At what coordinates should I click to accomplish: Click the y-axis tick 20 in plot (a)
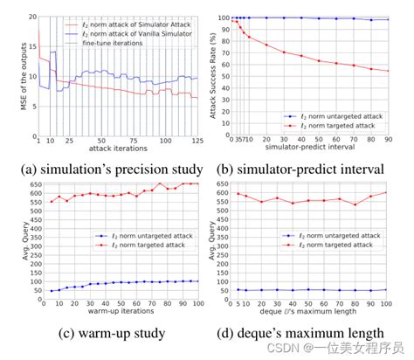pos(31,17)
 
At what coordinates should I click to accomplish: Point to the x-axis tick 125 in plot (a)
pos(198,140)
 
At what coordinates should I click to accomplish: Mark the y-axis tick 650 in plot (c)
pos(25,183)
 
